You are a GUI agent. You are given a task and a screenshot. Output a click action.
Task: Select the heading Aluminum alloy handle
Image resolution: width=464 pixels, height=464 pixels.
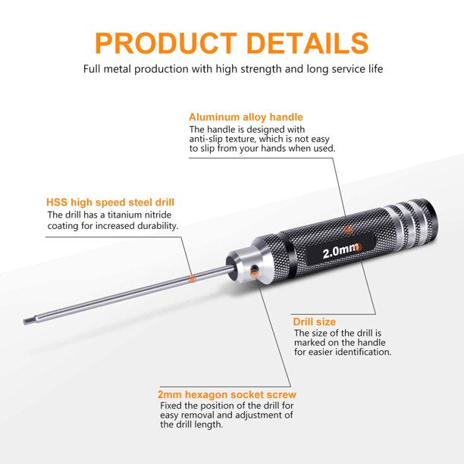[x=246, y=118]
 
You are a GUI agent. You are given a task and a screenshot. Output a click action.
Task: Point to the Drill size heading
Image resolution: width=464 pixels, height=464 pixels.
[x=315, y=321]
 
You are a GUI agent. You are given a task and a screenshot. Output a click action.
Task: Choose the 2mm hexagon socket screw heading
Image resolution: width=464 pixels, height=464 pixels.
[x=227, y=394]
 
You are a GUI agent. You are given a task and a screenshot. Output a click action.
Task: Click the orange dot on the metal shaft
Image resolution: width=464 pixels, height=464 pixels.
[x=192, y=278]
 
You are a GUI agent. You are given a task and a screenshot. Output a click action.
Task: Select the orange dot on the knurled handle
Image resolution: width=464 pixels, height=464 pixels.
[x=348, y=229]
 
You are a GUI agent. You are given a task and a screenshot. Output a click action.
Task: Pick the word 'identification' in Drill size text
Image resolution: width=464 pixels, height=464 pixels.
[x=359, y=352]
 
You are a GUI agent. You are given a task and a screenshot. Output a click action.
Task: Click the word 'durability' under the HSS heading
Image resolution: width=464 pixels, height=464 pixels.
[x=155, y=225]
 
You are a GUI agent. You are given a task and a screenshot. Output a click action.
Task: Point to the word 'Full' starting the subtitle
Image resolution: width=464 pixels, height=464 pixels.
[x=92, y=69]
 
